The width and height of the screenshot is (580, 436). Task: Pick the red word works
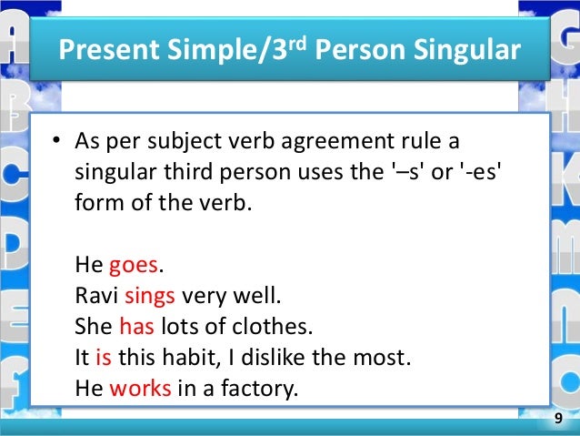point(140,389)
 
